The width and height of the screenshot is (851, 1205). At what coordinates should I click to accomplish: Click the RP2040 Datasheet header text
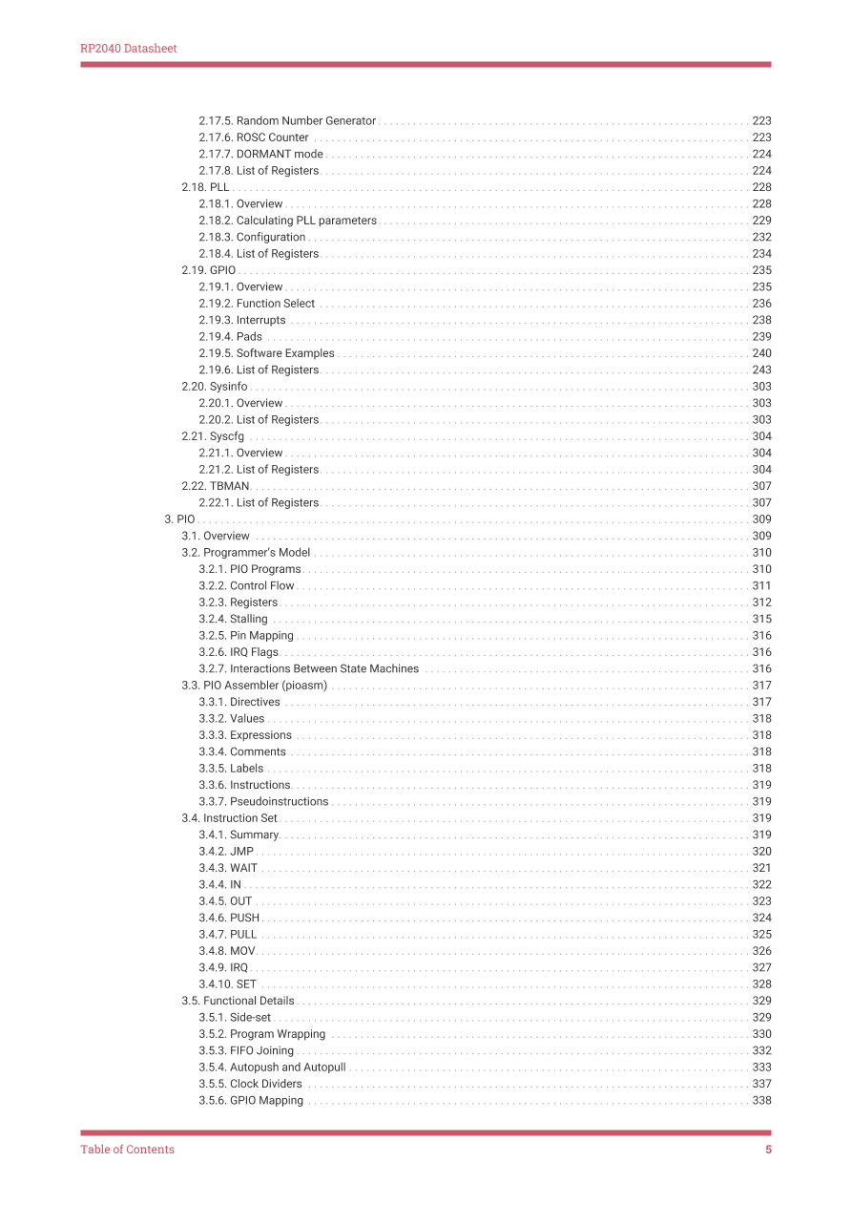pyautogui.click(x=128, y=49)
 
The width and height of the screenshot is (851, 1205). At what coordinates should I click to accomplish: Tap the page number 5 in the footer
pyautogui.click(x=768, y=1150)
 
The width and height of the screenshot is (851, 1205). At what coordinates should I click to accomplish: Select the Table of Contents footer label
pyautogui.click(x=127, y=1150)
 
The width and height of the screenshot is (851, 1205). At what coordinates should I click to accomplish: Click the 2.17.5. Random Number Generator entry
pyautogui.click(x=287, y=121)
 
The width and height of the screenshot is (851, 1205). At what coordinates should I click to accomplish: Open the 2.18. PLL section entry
pyautogui.click(x=205, y=187)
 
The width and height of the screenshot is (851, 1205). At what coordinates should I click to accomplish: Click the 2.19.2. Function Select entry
pyautogui.click(x=257, y=304)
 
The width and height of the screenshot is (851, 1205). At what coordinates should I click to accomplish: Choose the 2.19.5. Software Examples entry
pyautogui.click(x=266, y=353)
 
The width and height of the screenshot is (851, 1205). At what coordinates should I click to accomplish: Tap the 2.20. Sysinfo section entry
pyautogui.click(x=215, y=387)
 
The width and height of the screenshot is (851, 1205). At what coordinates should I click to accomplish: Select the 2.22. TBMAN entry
pyautogui.click(x=216, y=486)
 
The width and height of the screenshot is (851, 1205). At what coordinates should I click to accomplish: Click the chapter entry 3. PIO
pyautogui.click(x=179, y=519)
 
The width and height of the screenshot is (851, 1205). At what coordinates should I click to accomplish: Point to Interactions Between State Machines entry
pyautogui.click(x=310, y=669)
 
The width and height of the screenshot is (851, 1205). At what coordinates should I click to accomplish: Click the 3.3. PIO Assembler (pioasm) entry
pyautogui.click(x=255, y=686)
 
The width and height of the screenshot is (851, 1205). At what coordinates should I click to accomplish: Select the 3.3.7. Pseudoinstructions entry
pyautogui.click(x=263, y=802)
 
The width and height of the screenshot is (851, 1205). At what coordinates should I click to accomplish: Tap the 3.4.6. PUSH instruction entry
pyautogui.click(x=229, y=919)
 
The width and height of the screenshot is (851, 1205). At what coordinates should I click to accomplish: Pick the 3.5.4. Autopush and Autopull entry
pyautogui.click(x=272, y=1068)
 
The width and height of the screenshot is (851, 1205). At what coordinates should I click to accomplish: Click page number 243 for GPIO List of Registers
pyautogui.click(x=761, y=370)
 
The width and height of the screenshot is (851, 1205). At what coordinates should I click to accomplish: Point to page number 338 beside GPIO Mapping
pyautogui.click(x=761, y=1101)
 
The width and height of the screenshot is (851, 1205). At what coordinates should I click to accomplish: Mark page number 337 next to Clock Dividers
pyautogui.click(x=761, y=1085)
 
